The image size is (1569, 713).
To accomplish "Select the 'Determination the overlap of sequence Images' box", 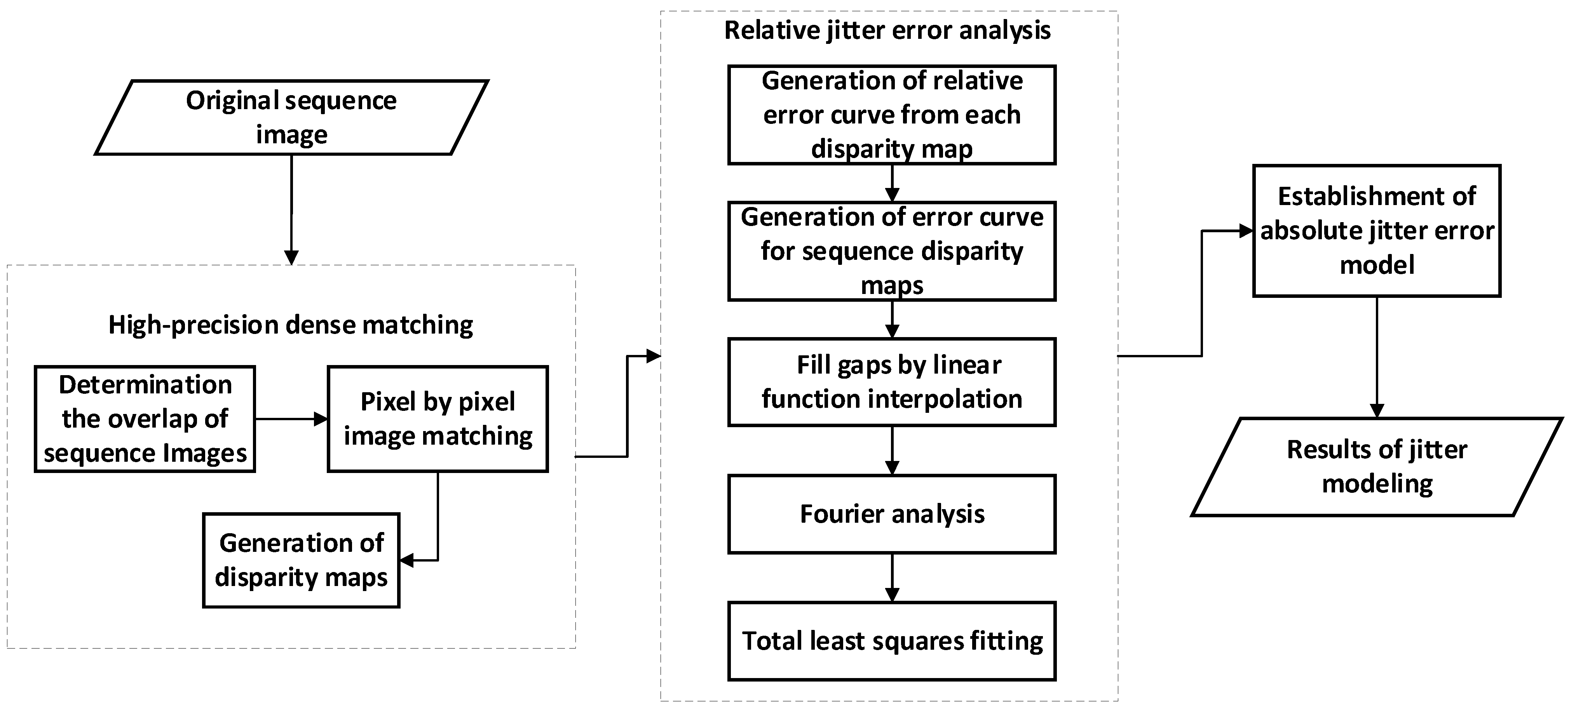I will click(145, 419).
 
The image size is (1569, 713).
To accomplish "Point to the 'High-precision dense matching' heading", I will click(291, 325).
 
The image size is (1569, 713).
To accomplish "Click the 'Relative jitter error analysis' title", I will click(887, 30).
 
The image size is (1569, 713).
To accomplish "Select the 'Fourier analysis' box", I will click(892, 514).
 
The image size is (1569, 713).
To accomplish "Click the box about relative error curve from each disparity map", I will click(892, 115).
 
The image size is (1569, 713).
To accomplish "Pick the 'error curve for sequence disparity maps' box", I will click(892, 251).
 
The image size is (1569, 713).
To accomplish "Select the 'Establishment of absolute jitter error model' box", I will click(1377, 231).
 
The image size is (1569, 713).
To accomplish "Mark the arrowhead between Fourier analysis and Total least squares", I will click(892, 594).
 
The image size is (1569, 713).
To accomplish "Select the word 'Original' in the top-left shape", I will click(232, 101).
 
